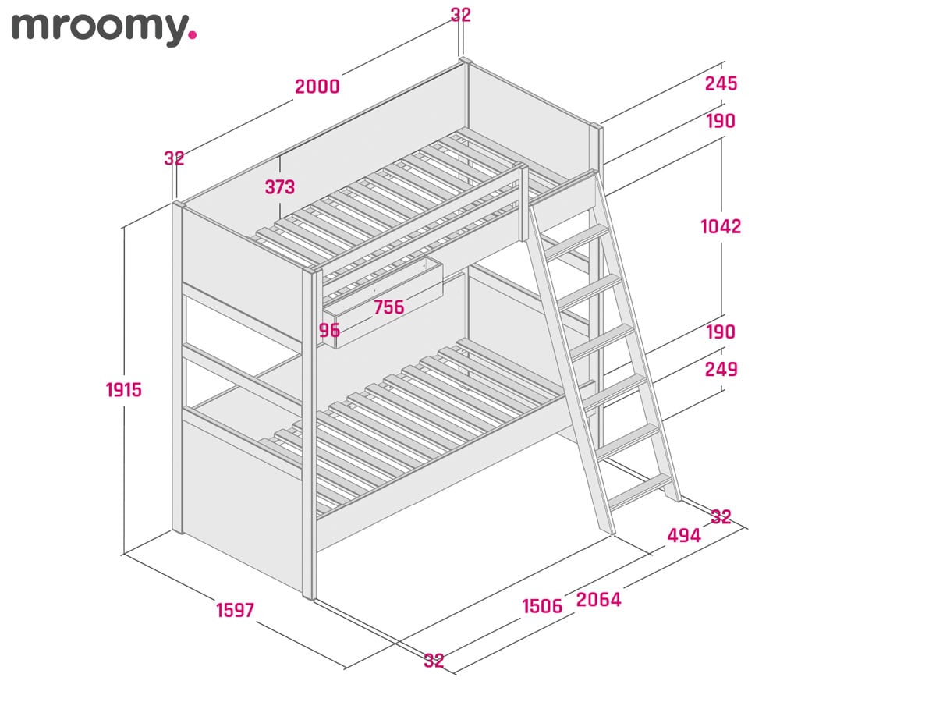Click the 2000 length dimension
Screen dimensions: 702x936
[317, 87]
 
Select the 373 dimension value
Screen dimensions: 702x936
[279, 187]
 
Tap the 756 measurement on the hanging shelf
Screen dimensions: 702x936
[388, 307]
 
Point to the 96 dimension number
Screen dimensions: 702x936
[329, 330]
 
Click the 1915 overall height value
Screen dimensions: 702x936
[124, 389]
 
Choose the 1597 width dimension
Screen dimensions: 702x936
[235, 610]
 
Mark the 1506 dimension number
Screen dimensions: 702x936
[541, 606]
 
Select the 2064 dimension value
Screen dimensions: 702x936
[598, 599]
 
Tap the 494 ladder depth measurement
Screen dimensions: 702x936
[683, 535]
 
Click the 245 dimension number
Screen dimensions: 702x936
[721, 83]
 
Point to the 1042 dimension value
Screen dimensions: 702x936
[721, 226]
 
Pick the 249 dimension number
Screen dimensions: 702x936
[721, 368]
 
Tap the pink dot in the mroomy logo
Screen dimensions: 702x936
[193, 35]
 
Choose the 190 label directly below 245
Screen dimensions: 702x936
[721, 121]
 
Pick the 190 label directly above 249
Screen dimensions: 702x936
[721, 331]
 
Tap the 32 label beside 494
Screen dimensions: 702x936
[721, 516]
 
